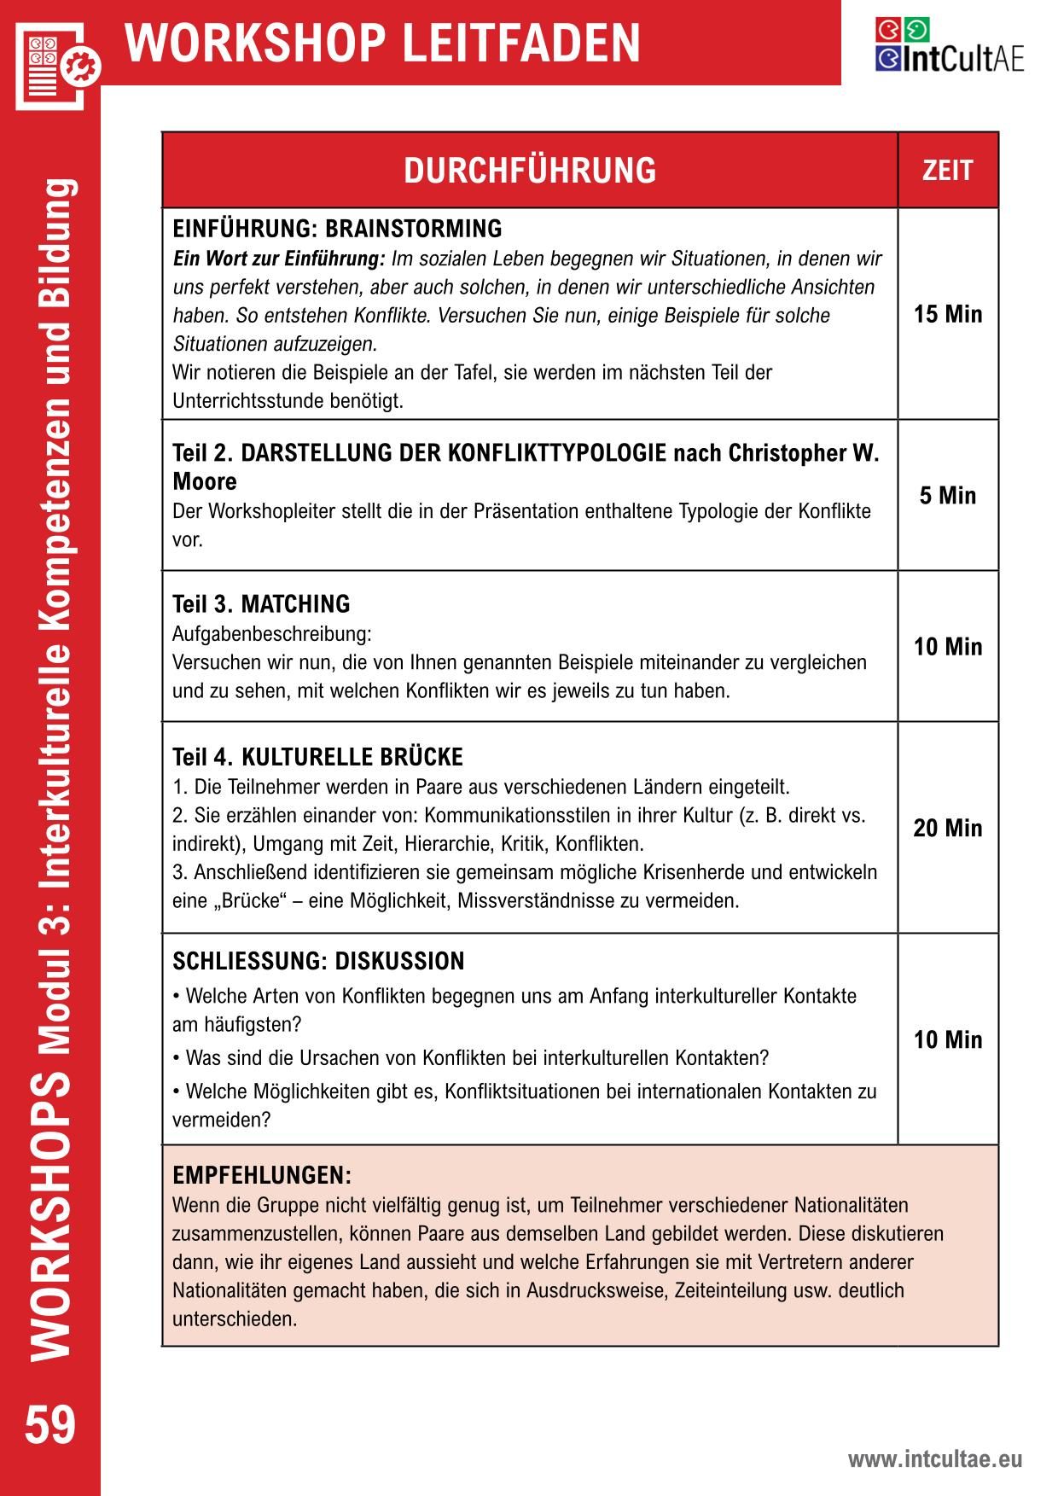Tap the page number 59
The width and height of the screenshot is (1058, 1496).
point(50,1426)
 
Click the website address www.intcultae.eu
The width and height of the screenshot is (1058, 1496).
point(934,1459)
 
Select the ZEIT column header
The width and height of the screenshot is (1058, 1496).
point(947,171)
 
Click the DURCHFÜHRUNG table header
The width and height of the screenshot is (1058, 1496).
point(530,171)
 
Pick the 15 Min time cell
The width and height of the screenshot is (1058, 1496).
point(948,314)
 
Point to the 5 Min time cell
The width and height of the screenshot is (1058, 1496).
point(948,496)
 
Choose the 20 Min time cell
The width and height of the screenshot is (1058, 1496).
point(948,828)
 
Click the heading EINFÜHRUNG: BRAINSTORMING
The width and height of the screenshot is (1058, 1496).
point(337,229)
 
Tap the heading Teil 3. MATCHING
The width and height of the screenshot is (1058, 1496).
point(261,604)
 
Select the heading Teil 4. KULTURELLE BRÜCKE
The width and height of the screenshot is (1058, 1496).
point(317,757)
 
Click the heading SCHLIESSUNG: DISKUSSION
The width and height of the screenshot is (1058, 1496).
point(318,962)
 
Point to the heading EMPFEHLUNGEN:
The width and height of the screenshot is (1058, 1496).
point(262,1175)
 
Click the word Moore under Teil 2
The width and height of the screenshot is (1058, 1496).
point(204,481)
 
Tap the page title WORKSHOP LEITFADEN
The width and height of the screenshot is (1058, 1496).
point(382,43)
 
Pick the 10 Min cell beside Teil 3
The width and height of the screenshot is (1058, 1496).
point(948,647)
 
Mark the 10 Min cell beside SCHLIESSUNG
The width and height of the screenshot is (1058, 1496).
point(948,1039)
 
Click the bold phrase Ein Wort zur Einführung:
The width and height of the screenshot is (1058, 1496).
point(279,259)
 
